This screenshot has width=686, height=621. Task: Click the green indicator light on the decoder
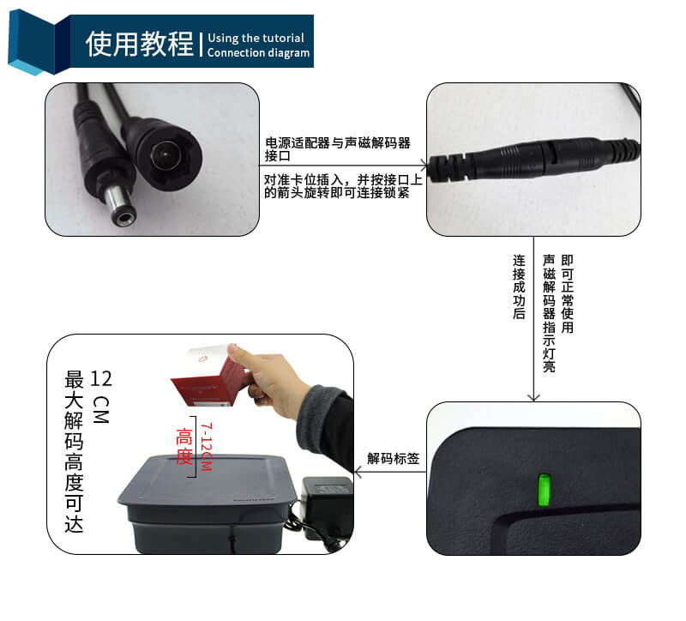(544, 490)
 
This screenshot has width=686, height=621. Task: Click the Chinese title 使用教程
(140, 44)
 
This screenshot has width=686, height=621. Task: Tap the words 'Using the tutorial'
(256, 38)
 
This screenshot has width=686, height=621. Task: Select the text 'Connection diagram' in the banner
(258, 53)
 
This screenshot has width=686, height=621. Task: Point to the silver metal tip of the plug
(119, 206)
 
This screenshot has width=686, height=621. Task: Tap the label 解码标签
(394, 458)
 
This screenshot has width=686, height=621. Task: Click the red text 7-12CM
(206, 446)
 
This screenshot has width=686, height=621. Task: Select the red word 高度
(184, 446)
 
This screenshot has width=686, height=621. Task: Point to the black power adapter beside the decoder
(328, 508)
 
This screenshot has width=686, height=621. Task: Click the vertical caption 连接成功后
(519, 287)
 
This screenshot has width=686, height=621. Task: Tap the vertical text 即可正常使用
(568, 293)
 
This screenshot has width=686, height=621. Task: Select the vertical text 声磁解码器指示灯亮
(549, 313)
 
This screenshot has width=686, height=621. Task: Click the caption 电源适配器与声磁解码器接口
(337, 148)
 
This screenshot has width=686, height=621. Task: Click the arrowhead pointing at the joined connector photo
(424, 166)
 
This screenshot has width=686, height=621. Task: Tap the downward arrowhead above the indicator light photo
(533, 397)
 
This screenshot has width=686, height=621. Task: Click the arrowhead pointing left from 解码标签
(358, 472)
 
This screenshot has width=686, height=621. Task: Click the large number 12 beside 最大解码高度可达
(101, 379)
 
